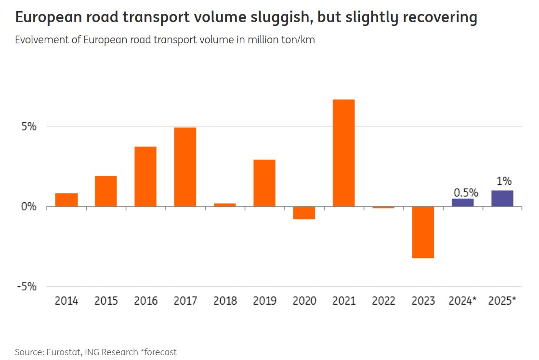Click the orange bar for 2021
point(343,153)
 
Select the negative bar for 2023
point(423,232)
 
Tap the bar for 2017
point(185,167)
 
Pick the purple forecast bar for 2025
point(502,199)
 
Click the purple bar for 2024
point(462,203)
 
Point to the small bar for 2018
point(224,205)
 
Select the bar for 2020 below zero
point(304,213)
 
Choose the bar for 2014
point(66,200)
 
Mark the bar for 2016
point(145,177)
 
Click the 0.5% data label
point(465,193)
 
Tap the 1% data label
point(503,181)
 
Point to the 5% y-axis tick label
point(29,127)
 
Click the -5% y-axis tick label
point(27,286)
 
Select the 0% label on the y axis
point(29,207)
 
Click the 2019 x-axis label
point(264,301)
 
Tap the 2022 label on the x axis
point(383,301)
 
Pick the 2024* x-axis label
point(462,301)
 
